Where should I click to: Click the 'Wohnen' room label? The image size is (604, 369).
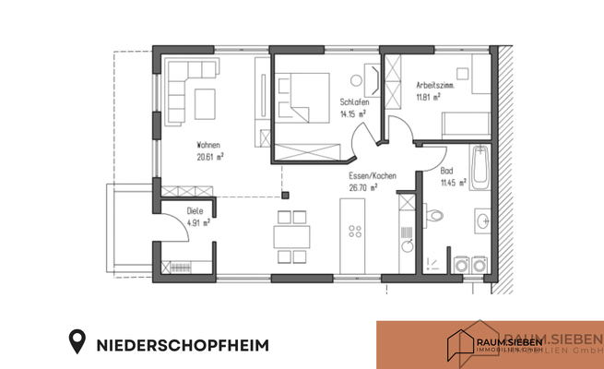coord(207,145)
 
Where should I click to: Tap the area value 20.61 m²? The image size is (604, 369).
coord(212,157)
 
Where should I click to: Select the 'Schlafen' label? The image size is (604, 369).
coord(353,101)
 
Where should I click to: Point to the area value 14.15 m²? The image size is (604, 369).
coord(353,113)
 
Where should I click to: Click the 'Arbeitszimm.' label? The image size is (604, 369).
coord(435,84)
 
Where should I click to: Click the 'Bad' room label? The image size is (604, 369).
coord(446,172)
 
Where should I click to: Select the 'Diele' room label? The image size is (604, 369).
coord(195,210)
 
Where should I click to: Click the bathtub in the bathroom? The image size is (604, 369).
coord(480,170)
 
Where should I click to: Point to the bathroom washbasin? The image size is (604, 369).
coord(484,220)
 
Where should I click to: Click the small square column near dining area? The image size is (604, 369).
coord(286,195)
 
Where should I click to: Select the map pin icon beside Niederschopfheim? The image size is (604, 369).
coord(79,344)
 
